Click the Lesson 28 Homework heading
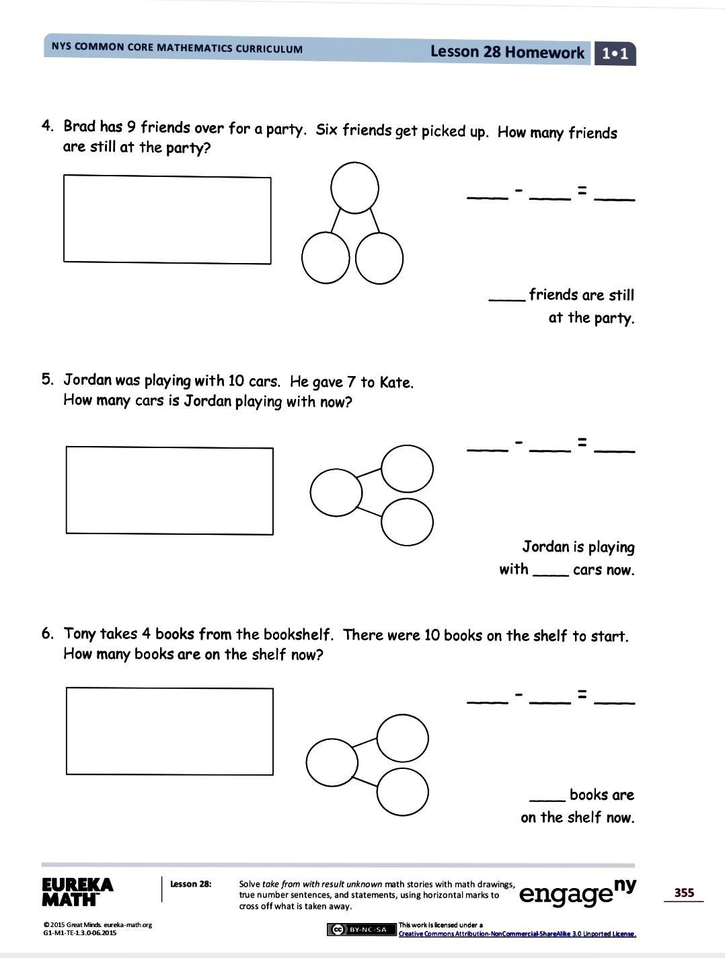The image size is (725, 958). pos(506,52)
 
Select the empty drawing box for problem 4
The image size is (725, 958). pos(167,219)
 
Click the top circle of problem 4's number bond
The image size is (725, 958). pos(354,187)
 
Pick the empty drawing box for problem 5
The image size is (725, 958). pos(169,490)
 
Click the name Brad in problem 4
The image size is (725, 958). pos(79,126)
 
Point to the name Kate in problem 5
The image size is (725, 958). pos(395,382)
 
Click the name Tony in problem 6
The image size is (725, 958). pos(79,634)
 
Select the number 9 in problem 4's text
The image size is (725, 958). pos(131,127)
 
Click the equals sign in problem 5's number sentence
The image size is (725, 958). pos(582,443)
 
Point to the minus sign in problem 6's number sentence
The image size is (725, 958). pos(519,694)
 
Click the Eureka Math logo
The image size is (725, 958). pos(77,891)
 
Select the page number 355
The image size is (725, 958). pos(683,893)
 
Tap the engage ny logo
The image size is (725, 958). pos(578,892)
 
